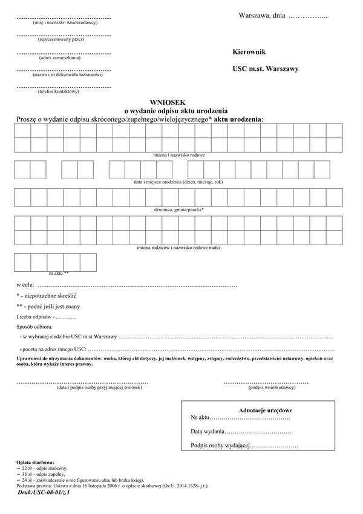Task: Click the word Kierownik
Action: [x=249, y=53]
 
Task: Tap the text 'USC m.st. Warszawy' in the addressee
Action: [x=266, y=69]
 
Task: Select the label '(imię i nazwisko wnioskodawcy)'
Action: [x=64, y=22]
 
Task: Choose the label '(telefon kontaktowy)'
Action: [x=58, y=91]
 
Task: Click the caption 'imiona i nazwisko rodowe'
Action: [x=179, y=155]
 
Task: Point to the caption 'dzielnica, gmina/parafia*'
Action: [x=179, y=209]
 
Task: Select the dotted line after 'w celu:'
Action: [x=137, y=285]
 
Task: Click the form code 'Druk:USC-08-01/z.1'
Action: [x=44, y=493]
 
